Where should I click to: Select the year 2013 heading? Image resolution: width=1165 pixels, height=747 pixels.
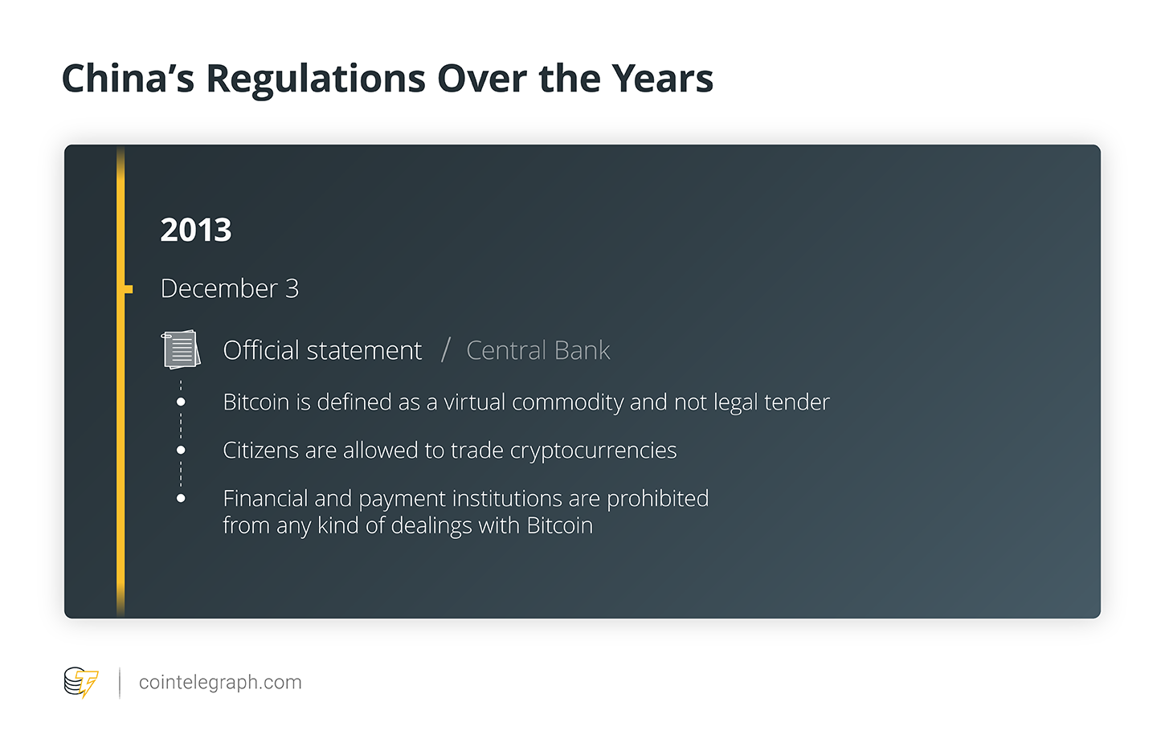point(195,230)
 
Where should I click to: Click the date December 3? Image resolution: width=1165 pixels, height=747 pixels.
point(229,288)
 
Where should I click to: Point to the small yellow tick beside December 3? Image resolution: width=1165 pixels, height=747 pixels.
point(129,289)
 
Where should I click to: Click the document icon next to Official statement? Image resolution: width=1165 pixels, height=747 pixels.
point(181,349)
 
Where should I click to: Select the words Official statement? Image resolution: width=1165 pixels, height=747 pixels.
point(322,350)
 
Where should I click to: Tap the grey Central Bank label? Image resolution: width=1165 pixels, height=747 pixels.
point(538,350)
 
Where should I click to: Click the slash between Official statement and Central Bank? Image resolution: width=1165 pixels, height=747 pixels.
point(445,350)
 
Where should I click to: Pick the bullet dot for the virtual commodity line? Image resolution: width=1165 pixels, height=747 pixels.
point(181,402)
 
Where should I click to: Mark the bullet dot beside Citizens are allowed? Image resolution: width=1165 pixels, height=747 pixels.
point(181,450)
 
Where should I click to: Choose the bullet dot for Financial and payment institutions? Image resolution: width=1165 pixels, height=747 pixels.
point(181,499)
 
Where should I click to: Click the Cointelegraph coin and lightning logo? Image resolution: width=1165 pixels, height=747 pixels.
point(80,683)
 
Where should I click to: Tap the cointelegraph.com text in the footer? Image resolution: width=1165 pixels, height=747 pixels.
point(220,683)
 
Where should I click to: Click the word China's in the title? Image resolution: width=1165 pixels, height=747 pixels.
point(128,79)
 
